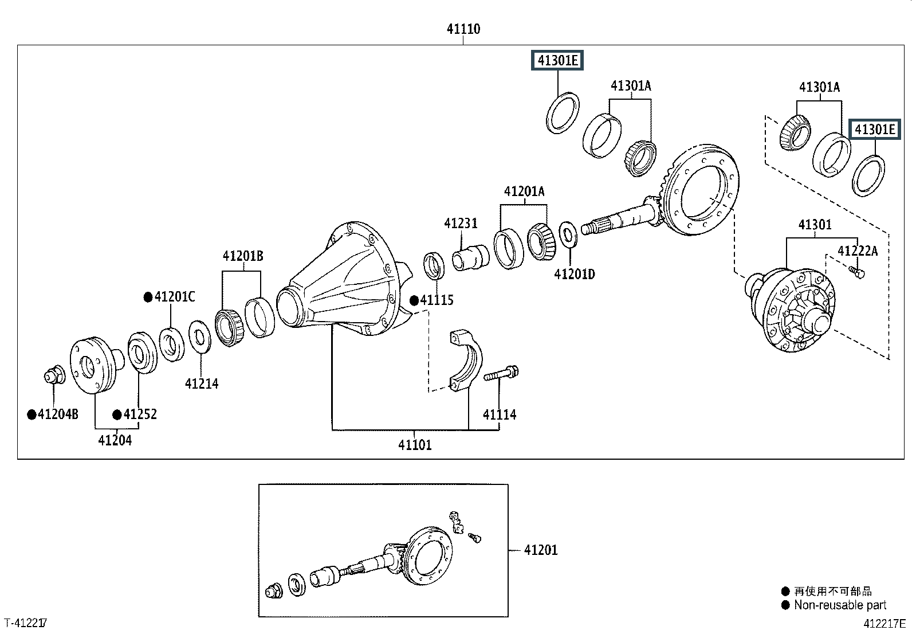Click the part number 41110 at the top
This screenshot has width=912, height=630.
click(463, 29)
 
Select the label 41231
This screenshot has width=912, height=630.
click(461, 224)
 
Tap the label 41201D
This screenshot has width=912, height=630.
click(575, 274)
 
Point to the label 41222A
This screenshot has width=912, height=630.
click(858, 251)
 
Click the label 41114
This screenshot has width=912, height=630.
click(499, 415)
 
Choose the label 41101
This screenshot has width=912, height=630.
click(415, 445)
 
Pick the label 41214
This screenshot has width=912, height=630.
click(202, 384)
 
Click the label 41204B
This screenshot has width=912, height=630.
click(58, 414)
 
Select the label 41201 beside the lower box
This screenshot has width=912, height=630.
click(541, 550)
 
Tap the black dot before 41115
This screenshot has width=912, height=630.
click(414, 301)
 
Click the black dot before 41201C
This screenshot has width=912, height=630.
click(148, 298)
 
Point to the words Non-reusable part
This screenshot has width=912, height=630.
click(840, 605)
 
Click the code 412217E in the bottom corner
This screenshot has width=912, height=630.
click(885, 624)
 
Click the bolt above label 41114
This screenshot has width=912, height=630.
click(501, 373)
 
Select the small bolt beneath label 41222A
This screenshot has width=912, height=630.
click(856, 272)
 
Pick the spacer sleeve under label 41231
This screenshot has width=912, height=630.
click(471, 257)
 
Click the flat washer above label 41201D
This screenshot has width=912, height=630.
click(568, 234)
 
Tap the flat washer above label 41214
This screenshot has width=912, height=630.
click(200, 338)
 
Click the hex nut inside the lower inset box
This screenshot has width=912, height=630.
click(274, 590)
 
